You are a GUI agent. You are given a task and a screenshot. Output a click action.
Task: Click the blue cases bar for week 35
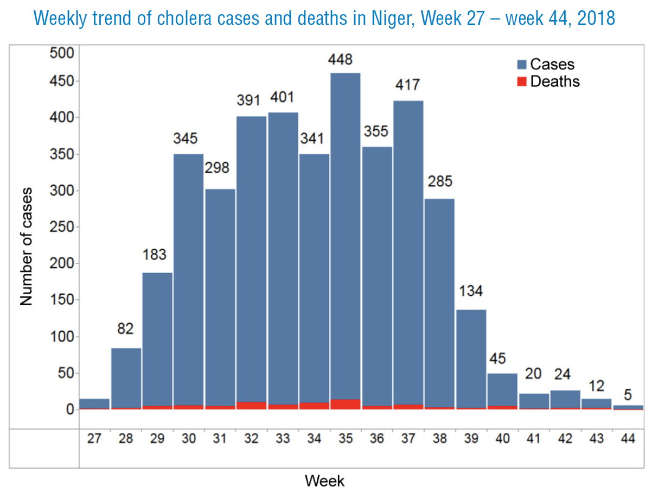[345, 236]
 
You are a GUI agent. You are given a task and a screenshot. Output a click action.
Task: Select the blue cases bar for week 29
[157, 339]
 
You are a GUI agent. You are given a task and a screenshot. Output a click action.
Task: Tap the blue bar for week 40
[502, 390]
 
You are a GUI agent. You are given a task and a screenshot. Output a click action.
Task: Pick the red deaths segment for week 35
[345, 405]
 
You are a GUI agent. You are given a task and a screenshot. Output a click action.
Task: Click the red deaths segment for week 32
[251, 406]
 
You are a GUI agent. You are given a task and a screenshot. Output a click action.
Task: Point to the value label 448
[340, 59]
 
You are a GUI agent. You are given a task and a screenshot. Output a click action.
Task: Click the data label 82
[125, 329]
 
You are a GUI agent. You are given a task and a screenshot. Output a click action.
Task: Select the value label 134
[471, 291]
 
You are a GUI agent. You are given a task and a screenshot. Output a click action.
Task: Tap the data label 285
[440, 181]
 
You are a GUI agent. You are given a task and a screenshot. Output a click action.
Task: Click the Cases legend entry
[546, 64]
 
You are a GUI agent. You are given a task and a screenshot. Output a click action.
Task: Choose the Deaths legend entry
[548, 81]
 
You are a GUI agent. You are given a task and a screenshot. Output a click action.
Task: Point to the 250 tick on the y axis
[62, 227]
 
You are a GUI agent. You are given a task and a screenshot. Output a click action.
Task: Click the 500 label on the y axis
[62, 53]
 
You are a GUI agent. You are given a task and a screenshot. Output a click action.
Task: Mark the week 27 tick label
[94, 438]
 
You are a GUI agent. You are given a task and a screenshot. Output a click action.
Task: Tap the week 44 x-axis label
[628, 438]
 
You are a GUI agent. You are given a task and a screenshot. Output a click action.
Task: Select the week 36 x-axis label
[376, 438]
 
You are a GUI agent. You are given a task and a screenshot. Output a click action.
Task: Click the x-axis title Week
[325, 481]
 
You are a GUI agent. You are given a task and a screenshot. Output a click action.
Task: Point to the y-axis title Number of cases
[26, 247]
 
